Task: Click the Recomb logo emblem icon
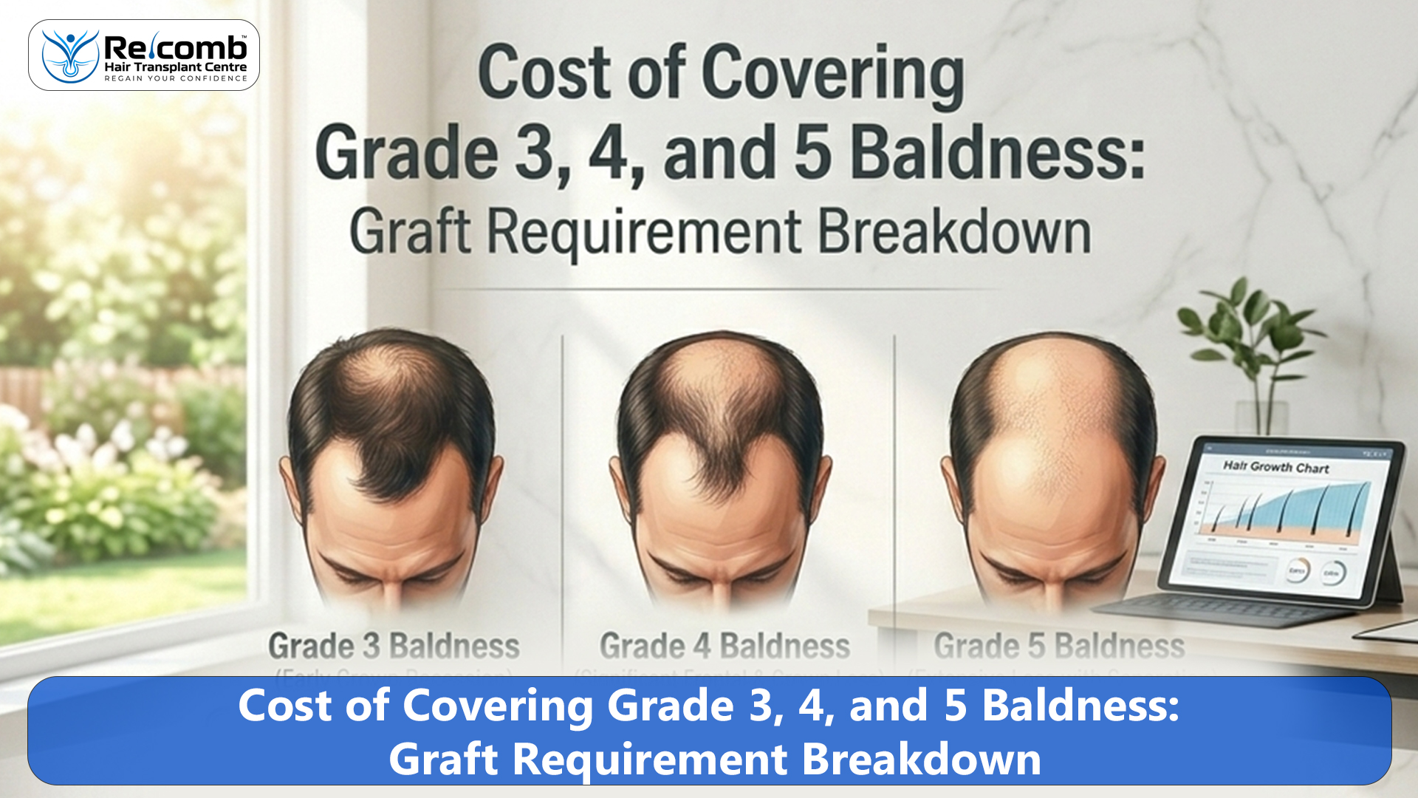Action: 70,56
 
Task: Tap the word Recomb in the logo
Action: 176,49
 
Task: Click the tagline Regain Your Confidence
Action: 176,78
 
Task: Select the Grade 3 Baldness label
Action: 394,646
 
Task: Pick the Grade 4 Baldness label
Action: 725,646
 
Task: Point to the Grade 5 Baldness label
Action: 1058,646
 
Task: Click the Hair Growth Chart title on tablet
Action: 1275,467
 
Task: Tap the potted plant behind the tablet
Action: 1248,347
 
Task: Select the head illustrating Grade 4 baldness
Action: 721,465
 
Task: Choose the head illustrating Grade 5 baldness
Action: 1052,465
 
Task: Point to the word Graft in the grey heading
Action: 409,232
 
